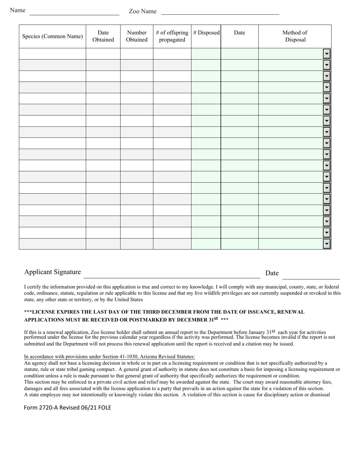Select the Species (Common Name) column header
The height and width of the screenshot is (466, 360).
click(52, 36)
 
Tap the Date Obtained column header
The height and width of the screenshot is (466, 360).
click(103, 36)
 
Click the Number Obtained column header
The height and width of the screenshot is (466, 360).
click(137, 36)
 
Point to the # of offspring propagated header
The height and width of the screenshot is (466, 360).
click(172, 36)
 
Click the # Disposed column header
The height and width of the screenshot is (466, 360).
click(206, 33)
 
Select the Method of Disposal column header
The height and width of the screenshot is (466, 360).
click(295, 36)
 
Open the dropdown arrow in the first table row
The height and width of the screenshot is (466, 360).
click(327, 54)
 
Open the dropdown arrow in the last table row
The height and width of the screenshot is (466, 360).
click(327, 244)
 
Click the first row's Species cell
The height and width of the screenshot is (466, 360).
click(52, 54)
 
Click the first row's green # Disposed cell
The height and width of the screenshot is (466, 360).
click(206, 54)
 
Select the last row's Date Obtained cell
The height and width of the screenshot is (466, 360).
click(103, 244)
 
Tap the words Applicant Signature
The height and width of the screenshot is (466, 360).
click(52, 272)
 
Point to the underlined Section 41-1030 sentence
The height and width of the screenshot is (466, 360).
click(109, 357)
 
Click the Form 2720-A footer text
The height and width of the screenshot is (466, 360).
click(67, 408)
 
